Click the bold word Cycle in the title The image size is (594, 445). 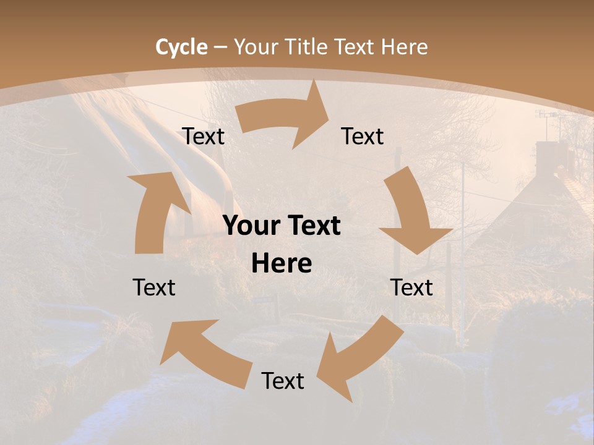181,48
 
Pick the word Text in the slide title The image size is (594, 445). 355,48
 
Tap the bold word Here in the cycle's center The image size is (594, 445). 282,264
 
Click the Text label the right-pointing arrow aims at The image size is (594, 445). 363,137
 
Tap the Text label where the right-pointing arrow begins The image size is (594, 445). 203,137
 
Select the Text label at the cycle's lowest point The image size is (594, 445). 283,381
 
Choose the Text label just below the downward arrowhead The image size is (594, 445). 411,288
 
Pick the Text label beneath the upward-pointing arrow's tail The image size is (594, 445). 154,288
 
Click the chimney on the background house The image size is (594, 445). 547,158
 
